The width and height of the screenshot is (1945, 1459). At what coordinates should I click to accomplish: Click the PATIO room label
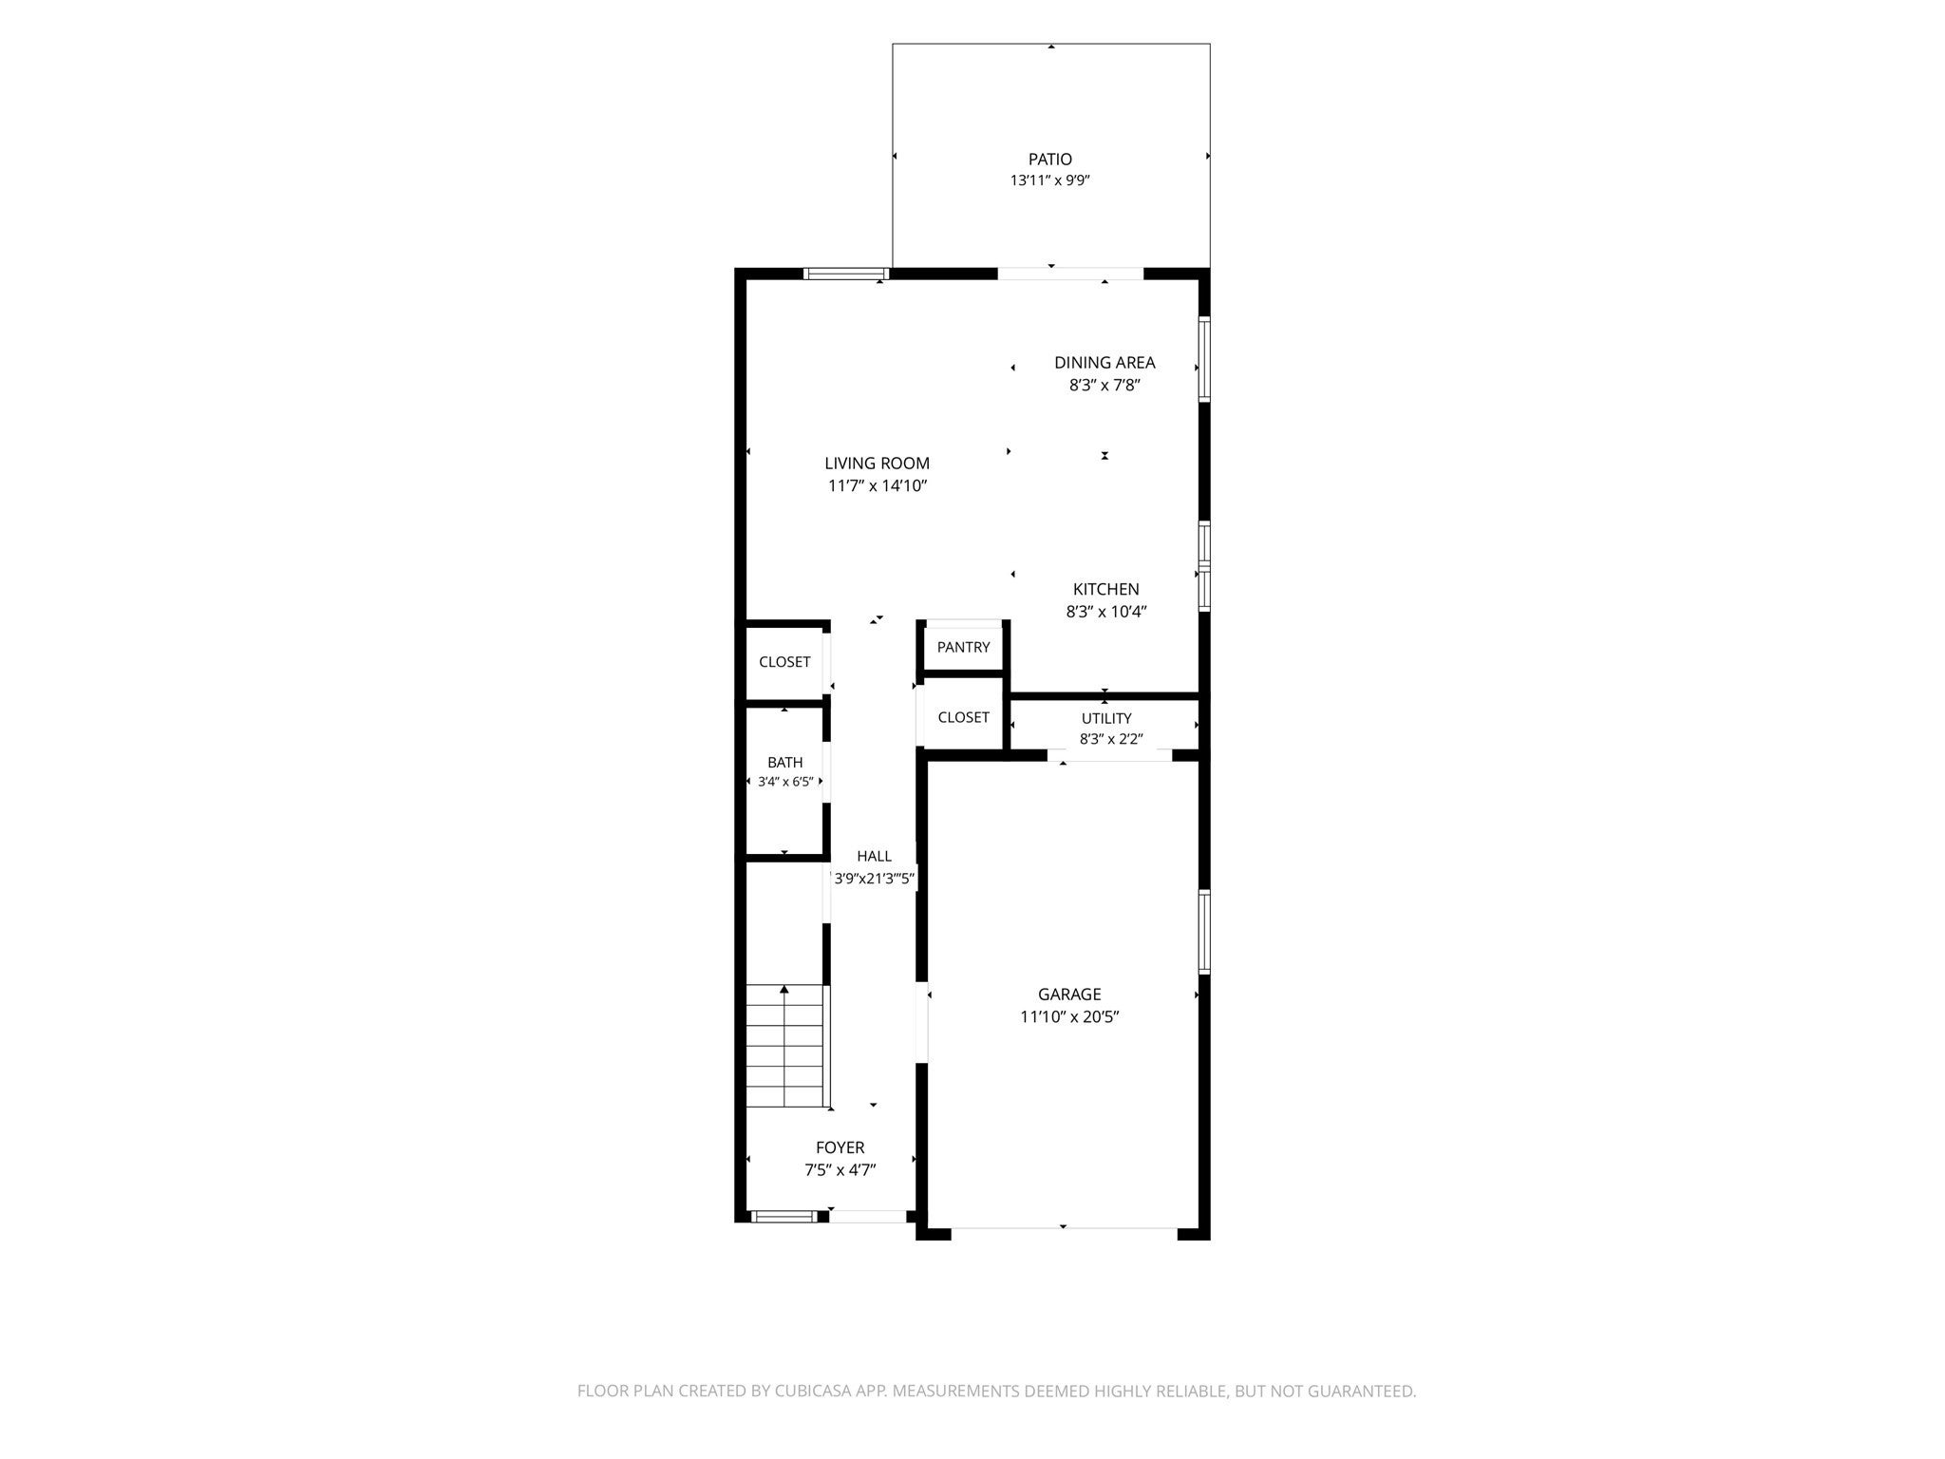(1049, 160)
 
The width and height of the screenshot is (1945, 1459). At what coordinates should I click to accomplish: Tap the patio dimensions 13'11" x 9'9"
(1049, 180)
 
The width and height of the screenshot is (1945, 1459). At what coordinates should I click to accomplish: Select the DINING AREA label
(1105, 362)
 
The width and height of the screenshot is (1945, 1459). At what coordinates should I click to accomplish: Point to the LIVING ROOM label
(877, 464)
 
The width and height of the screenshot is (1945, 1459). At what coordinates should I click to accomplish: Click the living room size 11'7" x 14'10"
(877, 486)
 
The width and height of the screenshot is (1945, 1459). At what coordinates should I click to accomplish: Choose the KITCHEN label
(1106, 589)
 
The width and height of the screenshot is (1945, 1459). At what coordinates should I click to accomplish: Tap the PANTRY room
(963, 648)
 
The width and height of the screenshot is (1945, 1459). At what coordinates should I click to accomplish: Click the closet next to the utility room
(963, 717)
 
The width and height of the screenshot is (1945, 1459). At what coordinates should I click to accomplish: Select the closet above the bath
(784, 662)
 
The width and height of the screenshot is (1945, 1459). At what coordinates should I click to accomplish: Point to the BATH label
(785, 762)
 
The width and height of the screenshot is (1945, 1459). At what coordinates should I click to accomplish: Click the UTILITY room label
(1106, 718)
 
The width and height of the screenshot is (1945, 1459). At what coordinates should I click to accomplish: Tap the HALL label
(874, 856)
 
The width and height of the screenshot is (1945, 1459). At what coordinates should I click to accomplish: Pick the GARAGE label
(1069, 995)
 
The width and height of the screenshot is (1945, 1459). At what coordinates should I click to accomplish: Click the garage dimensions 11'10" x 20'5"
(1069, 1017)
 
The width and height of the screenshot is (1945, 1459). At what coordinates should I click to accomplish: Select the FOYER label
(840, 1147)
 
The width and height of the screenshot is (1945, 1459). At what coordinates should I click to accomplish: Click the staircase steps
(784, 1046)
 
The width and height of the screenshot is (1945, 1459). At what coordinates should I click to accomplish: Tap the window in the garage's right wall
(1203, 931)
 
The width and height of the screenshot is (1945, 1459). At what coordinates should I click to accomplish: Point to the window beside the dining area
(1203, 360)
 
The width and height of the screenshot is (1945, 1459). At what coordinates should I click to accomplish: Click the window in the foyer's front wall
(784, 1216)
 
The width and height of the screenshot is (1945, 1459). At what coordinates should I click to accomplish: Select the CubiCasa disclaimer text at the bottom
(996, 1392)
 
